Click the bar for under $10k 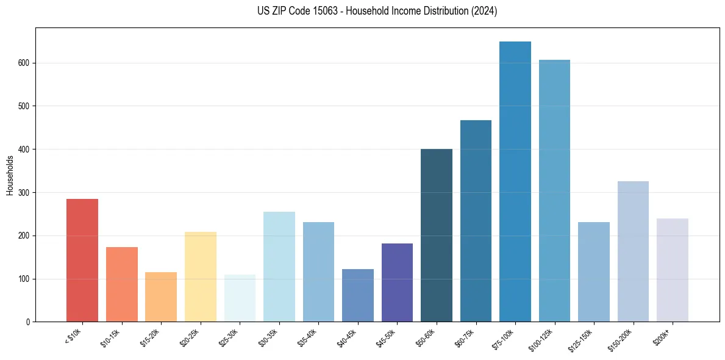(x=82, y=261)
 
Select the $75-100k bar (x=515, y=182)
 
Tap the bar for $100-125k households (x=554, y=191)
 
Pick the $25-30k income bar (x=240, y=298)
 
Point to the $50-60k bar (x=437, y=236)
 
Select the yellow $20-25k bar (x=201, y=277)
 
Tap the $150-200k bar (x=633, y=251)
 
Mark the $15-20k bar (x=161, y=297)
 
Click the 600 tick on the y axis (x=24, y=63)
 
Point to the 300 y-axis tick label (x=24, y=193)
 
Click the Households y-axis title (x=10, y=175)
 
